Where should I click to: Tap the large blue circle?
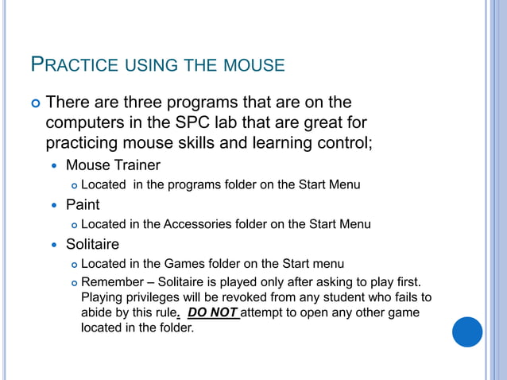[x=467, y=332]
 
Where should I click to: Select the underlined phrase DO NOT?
[x=212, y=312]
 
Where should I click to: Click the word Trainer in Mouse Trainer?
[x=134, y=165]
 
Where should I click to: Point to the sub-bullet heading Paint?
[x=83, y=204]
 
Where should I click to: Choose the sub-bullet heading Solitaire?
[x=92, y=244]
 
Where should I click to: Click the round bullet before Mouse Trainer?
[x=54, y=166]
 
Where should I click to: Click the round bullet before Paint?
[x=54, y=205]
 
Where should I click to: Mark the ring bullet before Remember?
[x=73, y=283]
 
